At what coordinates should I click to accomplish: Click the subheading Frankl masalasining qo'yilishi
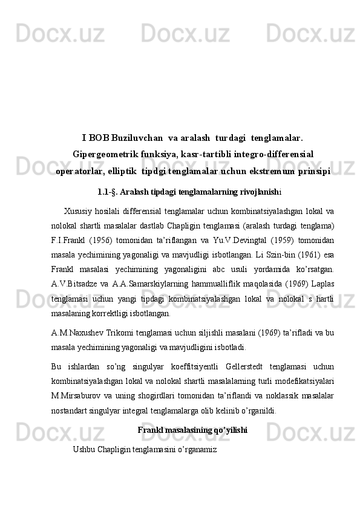click(x=192, y=430)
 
